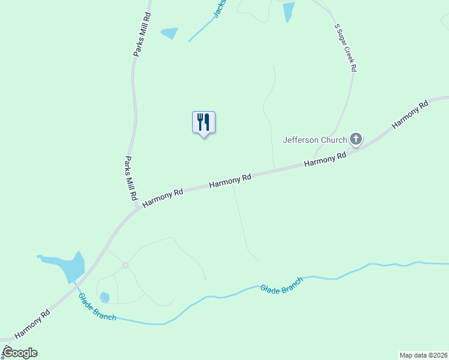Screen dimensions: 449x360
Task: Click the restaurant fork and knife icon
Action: click(x=203, y=122)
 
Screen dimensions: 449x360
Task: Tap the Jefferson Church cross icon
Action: click(x=356, y=140)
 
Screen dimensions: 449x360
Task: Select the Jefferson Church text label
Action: click(x=315, y=140)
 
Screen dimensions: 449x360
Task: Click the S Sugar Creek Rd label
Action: click(x=345, y=48)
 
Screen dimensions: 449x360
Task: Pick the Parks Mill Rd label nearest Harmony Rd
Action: click(x=131, y=178)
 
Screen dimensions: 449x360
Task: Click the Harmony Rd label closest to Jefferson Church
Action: click(x=325, y=159)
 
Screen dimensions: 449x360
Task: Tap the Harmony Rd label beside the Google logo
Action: click(x=31, y=323)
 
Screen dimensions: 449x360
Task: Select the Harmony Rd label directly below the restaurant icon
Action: click(x=230, y=181)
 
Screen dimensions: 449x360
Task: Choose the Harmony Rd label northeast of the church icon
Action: click(x=410, y=113)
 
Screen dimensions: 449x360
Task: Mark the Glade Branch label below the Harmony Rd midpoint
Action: click(x=279, y=286)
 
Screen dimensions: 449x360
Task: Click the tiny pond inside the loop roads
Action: click(x=105, y=297)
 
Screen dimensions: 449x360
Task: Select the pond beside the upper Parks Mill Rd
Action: click(x=170, y=33)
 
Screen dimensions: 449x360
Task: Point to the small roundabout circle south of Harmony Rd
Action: click(x=125, y=265)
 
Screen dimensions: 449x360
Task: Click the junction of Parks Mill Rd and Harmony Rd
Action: click(x=138, y=208)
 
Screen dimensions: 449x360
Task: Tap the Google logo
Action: click(x=20, y=353)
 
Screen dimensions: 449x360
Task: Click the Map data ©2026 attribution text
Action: click(x=423, y=355)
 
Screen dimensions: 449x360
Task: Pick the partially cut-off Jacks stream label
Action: click(x=219, y=8)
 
